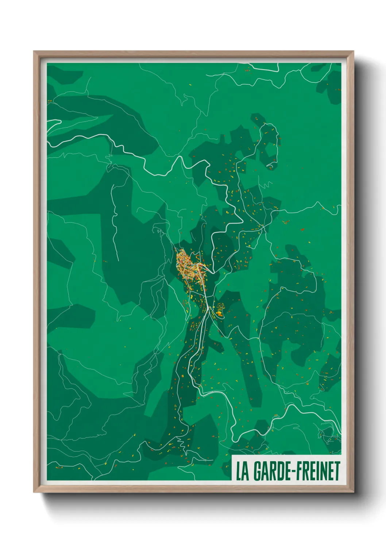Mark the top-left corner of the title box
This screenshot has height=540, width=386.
click(x=232, y=455)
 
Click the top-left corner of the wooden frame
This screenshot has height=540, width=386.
click(x=34, y=51)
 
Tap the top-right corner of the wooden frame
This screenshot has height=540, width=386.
click(x=353, y=51)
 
